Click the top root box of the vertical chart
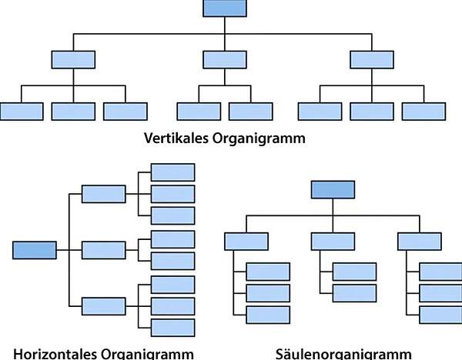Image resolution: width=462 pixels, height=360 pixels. click(x=225, y=8)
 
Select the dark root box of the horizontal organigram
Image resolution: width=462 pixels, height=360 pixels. click(x=35, y=250)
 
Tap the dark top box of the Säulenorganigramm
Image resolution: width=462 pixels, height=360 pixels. click(x=333, y=189)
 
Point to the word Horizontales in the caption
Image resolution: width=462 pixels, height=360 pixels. click(x=56, y=354)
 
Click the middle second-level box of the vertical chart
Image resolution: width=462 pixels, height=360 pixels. click(x=225, y=58)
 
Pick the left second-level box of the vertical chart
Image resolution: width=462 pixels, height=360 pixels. click(x=73, y=58)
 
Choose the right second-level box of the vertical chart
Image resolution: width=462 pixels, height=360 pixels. click(x=371, y=58)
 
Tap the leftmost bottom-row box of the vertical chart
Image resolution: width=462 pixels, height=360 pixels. click(x=22, y=112)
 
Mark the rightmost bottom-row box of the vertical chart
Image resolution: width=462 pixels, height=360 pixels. click(x=423, y=112)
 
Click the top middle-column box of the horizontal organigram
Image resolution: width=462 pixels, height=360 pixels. click(x=103, y=194)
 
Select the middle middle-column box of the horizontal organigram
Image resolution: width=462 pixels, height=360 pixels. click(x=103, y=250)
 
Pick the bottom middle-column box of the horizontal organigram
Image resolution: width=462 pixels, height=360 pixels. click(x=103, y=305)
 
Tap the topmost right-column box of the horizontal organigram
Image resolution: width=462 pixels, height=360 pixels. click(x=172, y=172)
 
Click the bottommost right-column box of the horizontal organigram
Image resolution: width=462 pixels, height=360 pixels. click(x=172, y=328)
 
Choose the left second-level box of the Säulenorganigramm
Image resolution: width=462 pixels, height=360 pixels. click(x=246, y=241)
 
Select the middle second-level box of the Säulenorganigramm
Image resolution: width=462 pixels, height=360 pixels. click(x=333, y=241)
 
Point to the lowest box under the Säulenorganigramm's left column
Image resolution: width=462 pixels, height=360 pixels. click(x=268, y=315)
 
